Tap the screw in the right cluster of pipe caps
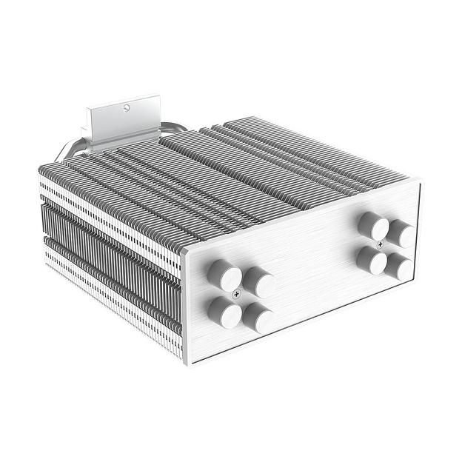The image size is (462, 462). (381, 242)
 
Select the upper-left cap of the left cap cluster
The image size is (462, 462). (223, 275)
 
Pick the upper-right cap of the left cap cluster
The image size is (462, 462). (258, 282)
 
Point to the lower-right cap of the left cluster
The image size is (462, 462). (257, 317)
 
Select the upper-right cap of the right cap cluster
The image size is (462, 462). (401, 232)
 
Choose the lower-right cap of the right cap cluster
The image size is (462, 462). (399, 266)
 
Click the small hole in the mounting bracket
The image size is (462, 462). (127, 108)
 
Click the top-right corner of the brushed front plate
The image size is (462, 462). (418, 182)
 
